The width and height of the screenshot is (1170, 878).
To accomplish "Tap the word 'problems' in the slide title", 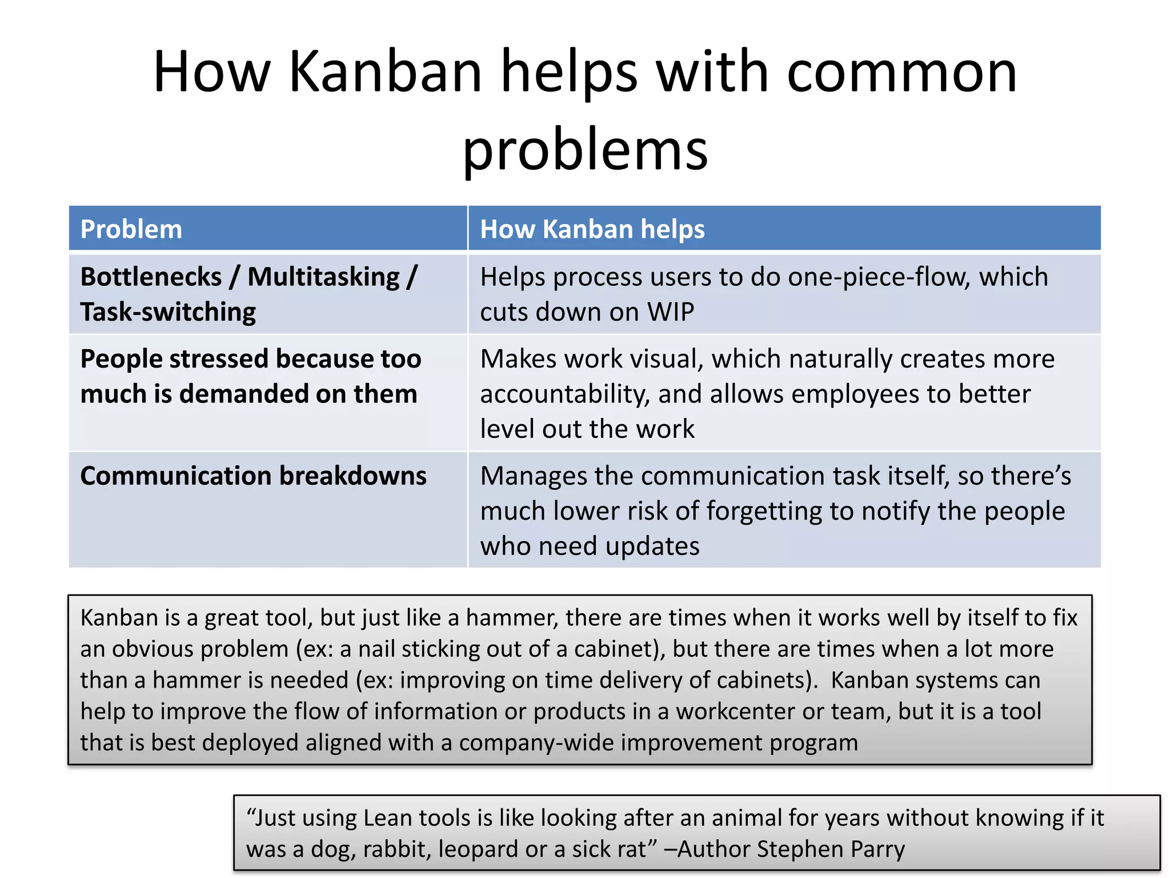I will [x=585, y=150].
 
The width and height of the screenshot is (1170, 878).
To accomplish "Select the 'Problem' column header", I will [x=131, y=229].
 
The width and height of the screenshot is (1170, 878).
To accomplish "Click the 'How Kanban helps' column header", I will [x=592, y=229].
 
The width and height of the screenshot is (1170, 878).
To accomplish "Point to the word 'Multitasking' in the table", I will [x=323, y=277].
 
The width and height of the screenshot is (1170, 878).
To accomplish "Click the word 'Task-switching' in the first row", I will [x=168, y=312].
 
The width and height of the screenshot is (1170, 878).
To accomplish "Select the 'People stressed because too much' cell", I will [x=250, y=376].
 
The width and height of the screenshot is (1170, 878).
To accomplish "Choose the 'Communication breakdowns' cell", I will [x=253, y=476].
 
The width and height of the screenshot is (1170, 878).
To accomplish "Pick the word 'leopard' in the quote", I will [x=478, y=849].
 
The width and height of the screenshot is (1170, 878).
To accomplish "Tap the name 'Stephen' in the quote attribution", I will [x=800, y=849].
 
